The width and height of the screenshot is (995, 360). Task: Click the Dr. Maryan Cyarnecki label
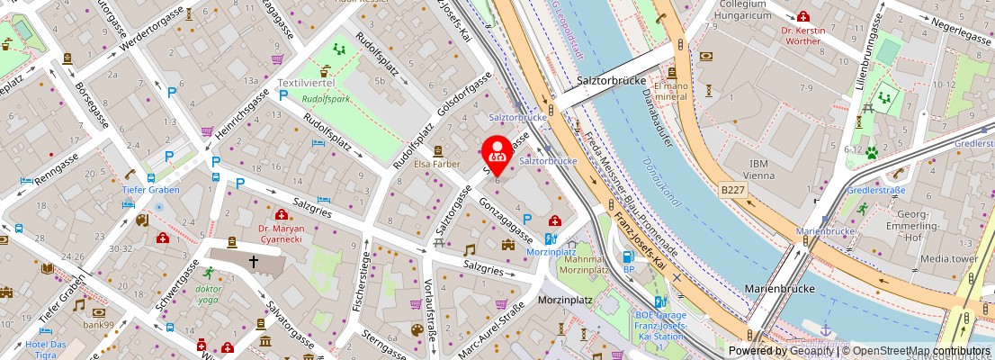[281, 234]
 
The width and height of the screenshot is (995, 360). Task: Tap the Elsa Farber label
[436, 164]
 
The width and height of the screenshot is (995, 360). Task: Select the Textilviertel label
[305, 83]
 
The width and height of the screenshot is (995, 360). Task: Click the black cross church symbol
[254, 262]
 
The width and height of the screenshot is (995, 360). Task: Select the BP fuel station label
[629, 268]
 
